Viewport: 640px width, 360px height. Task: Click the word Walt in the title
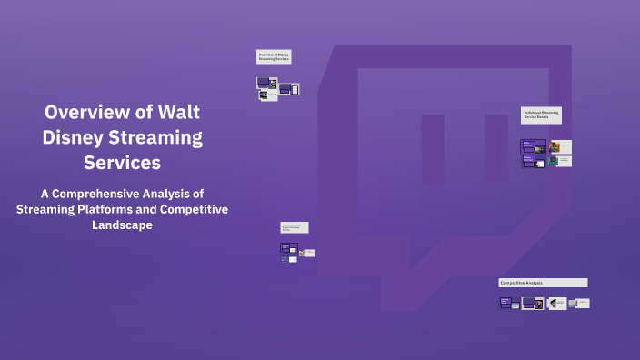(x=177, y=113)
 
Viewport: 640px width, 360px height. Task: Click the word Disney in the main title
(x=76, y=138)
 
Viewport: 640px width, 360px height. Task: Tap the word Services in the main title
(x=122, y=164)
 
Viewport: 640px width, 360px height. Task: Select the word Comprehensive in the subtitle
(x=120, y=194)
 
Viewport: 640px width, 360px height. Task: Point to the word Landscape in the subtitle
(x=122, y=225)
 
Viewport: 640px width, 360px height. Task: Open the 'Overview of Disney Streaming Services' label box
(x=273, y=57)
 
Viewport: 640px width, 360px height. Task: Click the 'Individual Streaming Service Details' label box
(x=541, y=115)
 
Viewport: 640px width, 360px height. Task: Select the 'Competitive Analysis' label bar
(x=543, y=283)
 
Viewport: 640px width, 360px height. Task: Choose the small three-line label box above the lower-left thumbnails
(x=294, y=227)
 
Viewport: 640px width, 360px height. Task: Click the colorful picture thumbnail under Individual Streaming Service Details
(x=554, y=146)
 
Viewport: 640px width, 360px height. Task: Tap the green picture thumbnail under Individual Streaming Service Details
(x=553, y=161)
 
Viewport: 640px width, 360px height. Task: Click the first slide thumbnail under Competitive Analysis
(x=508, y=303)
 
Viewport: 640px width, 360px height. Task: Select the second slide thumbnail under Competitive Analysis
(x=532, y=303)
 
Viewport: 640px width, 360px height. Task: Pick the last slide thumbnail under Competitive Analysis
(x=580, y=303)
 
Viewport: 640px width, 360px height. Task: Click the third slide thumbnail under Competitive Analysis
(x=555, y=303)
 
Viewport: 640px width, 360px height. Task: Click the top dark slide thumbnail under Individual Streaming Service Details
(x=533, y=146)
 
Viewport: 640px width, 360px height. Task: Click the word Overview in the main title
(x=88, y=113)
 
